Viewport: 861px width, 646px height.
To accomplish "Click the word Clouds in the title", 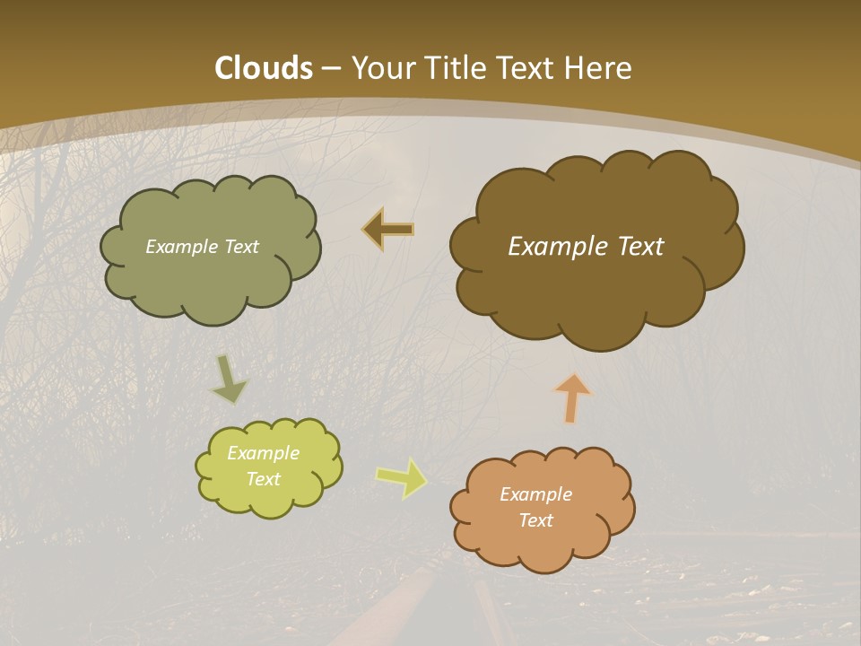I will click(264, 68).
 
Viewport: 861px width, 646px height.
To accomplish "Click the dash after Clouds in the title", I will click(330, 69).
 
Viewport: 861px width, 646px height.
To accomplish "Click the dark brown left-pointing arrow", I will click(388, 230).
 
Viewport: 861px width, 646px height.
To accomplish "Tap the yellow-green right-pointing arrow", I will click(401, 478).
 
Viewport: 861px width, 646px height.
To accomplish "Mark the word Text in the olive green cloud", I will click(241, 247).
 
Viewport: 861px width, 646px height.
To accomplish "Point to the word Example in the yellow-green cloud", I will click(263, 453).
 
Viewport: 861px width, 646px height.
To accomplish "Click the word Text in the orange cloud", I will click(535, 520).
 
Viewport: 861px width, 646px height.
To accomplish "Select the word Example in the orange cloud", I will click(535, 494).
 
